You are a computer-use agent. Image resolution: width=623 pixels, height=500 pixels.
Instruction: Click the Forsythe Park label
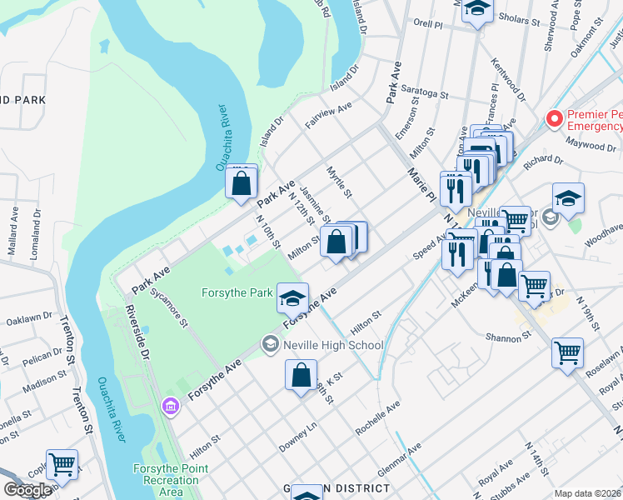pos(237,292)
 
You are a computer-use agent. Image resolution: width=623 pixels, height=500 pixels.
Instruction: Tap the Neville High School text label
pos(333,345)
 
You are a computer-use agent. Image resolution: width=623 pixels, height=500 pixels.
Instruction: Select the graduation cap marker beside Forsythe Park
pos(292,297)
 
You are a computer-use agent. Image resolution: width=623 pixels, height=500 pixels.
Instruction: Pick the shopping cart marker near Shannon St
pos(567,352)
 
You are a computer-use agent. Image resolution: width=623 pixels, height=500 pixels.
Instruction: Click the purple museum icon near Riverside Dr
pos(171,406)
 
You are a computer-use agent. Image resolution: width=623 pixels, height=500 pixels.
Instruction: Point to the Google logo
pos(27,489)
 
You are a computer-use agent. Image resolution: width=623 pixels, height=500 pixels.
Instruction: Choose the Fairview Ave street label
pos(328,115)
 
